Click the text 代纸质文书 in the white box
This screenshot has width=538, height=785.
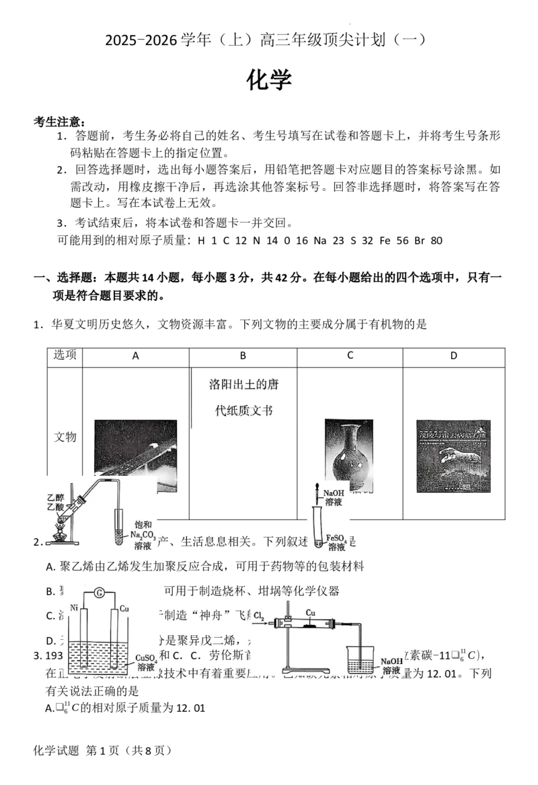(x=243, y=411)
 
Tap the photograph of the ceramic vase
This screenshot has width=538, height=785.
(x=349, y=454)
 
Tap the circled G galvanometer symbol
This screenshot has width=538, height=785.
(x=100, y=591)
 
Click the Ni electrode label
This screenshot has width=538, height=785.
(x=73, y=608)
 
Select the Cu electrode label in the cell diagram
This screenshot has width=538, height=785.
(x=124, y=608)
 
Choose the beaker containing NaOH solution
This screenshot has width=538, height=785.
(x=362, y=661)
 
